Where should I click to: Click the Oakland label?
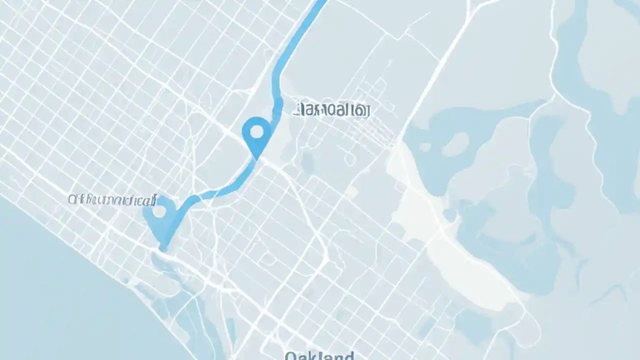(319, 356)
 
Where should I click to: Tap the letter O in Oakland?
(290, 356)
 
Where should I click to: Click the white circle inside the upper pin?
(256, 131)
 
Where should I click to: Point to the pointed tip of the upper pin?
(256, 159)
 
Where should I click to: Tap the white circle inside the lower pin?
(159, 211)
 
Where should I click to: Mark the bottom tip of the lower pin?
(163, 248)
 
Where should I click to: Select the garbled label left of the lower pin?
(112, 201)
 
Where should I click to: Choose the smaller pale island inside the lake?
(425, 147)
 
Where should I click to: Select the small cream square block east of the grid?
(351, 192)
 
